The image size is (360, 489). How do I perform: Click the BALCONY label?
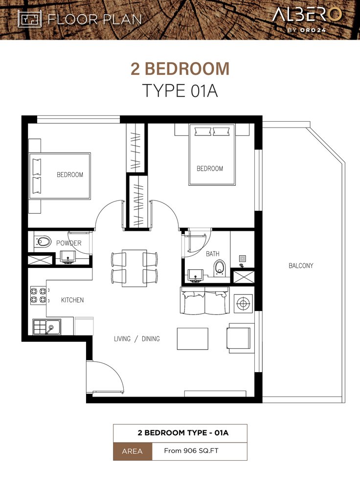tap(301, 266)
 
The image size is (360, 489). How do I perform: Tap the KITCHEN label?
tap(72, 300)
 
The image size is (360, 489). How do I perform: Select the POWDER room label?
tap(69, 243)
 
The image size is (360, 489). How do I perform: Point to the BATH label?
tap(212, 254)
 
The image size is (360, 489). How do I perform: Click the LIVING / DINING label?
tap(137, 339)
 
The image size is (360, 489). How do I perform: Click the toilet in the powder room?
tap(43, 241)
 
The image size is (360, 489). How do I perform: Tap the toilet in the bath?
tap(220, 268)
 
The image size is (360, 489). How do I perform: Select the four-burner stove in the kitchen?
tap(38, 296)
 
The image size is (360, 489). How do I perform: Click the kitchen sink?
tap(47, 327)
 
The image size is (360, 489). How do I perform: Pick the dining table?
tap(135, 268)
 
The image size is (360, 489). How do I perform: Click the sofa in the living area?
tap(204, 301)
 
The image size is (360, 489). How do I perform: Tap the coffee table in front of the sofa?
tap(193, 339)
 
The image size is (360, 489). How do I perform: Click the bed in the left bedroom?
tap(60, 176)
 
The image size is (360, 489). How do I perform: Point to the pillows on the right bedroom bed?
tap(212, 131)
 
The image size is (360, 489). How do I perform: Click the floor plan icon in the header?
tap(30, 19)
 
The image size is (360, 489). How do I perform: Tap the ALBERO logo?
tap(307, 19)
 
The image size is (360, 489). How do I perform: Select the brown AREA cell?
tap(133, 451)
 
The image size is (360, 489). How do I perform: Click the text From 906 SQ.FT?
tap(191, 451)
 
